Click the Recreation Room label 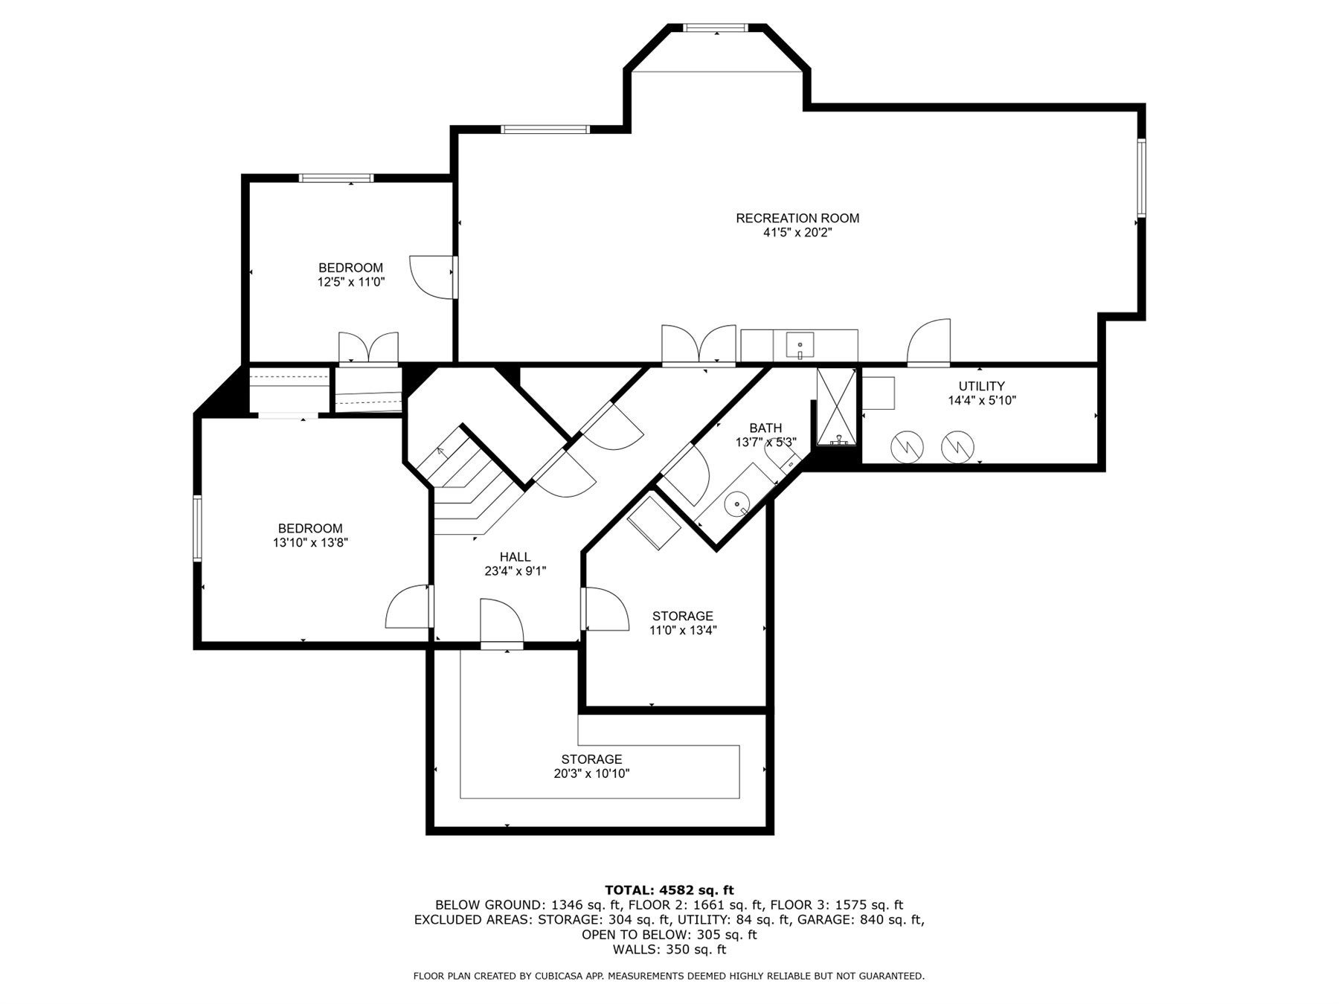click(797, 218)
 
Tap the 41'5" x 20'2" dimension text click(797, 233)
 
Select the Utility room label click(981, 386)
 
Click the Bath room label click(765, 428)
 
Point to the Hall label click(515, 557)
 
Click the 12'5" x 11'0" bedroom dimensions click(351, 282)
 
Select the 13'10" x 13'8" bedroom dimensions click(310, 543)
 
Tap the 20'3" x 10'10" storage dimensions click(591, 773)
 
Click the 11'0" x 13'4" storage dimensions click(683, 631)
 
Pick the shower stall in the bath click(837, 406)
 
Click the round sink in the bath click(737, 504)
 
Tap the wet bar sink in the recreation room click(800, 346)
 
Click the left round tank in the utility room click(907, 446)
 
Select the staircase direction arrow click(440, 451)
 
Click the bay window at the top click(715, 28)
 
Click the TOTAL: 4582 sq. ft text click(669, 890)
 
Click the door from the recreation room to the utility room click(928, 344)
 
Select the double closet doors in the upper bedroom click(368, 348)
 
